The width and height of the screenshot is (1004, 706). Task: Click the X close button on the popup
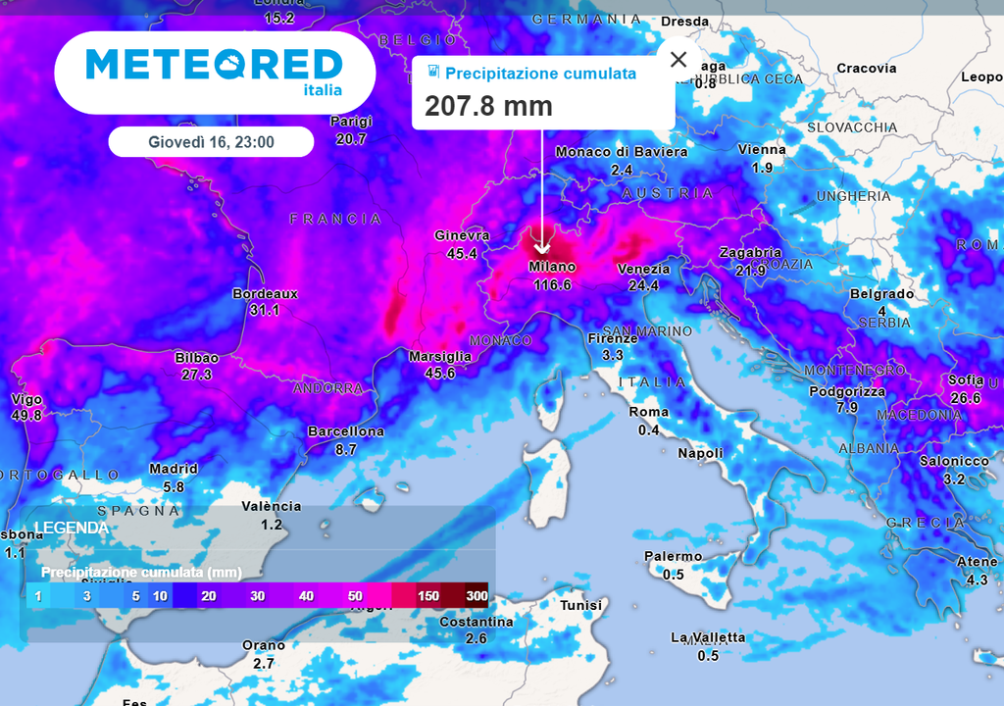(678, 59)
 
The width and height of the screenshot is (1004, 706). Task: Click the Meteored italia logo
(215, 71)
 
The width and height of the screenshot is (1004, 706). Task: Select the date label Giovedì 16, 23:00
(211, 142)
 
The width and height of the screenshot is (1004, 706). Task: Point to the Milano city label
(552, 267)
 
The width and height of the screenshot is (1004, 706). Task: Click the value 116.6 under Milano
(552, 284)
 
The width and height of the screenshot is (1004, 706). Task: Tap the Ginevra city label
(462, 235)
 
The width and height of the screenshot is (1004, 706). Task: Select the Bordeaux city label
(265, 293)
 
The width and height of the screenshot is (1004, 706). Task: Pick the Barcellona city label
(346, 431)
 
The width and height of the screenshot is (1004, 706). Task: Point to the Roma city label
(648, 412)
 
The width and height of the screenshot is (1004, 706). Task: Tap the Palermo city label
(673, 557)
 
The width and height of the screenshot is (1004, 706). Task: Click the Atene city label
(977, 562)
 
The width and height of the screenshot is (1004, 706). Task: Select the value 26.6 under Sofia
(965, 397)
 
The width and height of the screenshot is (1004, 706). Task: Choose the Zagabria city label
(750, 252)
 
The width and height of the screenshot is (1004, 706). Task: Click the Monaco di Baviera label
(622, 152)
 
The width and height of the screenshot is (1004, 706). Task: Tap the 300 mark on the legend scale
(477, 596)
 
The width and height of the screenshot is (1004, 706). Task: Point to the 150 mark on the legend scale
(427, 596)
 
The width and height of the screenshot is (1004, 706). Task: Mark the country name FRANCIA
(335, 219)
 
